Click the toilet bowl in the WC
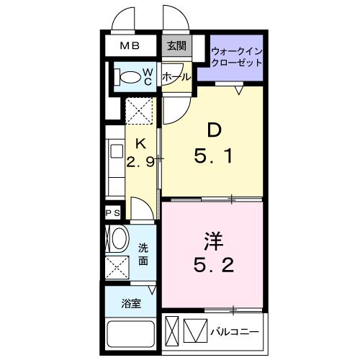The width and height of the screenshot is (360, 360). click(128, 76)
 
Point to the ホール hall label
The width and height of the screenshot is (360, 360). click(176, 76)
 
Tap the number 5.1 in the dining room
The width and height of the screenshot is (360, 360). click(214, 154)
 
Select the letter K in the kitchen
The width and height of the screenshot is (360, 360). click(142, 143)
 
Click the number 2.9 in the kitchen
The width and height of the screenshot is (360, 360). click(141, 162)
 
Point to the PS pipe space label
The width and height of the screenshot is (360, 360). click(113, 213)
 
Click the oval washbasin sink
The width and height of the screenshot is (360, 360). click(119, 238)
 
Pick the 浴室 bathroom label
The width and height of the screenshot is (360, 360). click(130, 305)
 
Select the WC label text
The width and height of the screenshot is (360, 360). click(146, 76)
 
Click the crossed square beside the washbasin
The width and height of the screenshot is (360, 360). click(117, 266)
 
